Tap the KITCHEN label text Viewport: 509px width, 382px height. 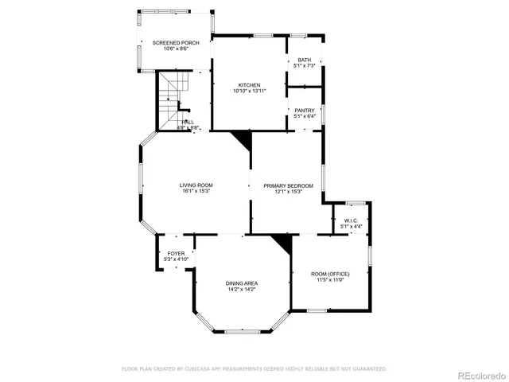tap(249, 84)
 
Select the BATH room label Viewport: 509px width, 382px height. tap(305, 60)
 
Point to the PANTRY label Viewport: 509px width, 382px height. tap(305, 110)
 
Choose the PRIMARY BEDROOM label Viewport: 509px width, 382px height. tap(288, 185)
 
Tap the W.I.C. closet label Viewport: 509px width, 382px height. tap(351, 220)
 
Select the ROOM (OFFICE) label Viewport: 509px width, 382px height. tap(330, 274)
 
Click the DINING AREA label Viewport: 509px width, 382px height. tap(240, 283)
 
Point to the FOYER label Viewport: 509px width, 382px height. tap(175, 253)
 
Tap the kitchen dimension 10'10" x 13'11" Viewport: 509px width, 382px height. tap(249, 91)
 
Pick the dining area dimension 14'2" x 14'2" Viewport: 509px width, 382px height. tap(240, 290)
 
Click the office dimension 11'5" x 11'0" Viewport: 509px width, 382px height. tap(330, 280)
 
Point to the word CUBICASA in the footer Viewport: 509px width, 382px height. tap(202, 368)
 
